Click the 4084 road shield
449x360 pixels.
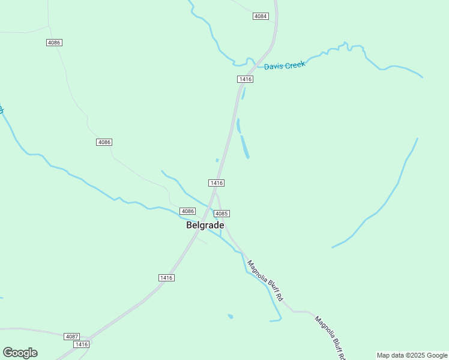(x=260, y=16)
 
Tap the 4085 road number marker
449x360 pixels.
(x=221, y=214)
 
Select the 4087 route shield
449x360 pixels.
(x=71, y=337)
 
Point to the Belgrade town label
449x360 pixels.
(x=205, y=226)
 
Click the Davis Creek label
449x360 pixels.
(x=285, y=65)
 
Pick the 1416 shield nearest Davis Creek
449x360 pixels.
(x=245, y=79)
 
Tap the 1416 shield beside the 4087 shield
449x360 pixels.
(x=81, y=344)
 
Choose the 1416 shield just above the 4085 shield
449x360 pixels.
(x=216, y=182)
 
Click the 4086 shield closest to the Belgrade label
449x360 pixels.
(x=188, y=211)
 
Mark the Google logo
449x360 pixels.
(x=20, y=353)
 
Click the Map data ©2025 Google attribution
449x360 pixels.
(x=412, y=355)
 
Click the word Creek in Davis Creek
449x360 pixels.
(x=295, y=64)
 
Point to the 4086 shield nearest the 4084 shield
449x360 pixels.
(x=54, y=43)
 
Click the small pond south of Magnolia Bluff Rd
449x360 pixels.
(x=231, y=316)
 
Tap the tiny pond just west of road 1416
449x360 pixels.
(x=217, y=160)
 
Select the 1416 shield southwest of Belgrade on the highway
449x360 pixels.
(x=166, y=277)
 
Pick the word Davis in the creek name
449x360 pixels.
(x=274, y=67)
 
